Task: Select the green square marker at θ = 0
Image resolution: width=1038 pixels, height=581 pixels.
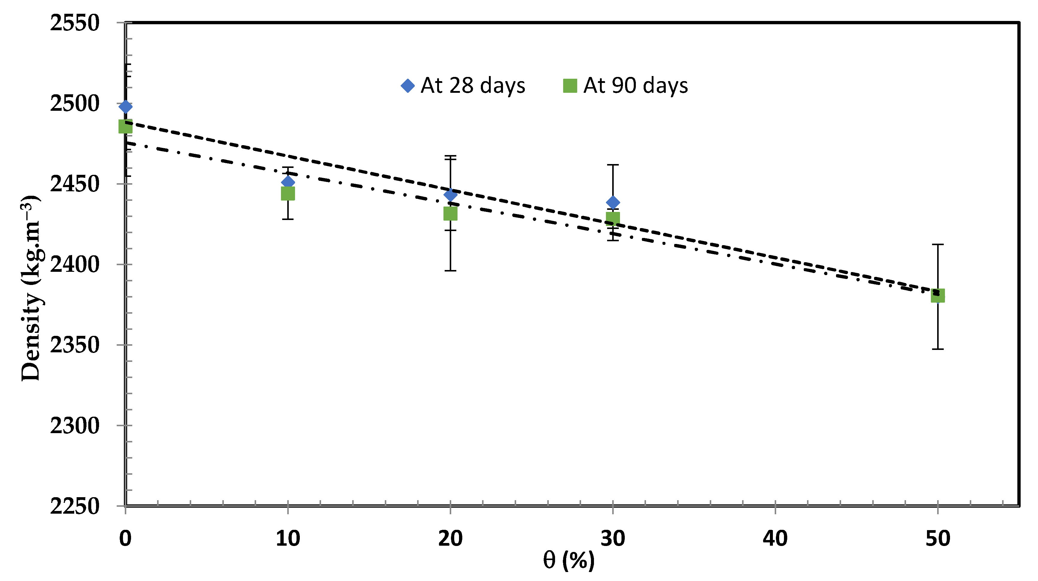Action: [126, 127]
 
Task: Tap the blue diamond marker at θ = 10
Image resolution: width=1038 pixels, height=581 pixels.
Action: [288, 182]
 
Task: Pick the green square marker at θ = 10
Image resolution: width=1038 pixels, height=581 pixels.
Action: [288, 194]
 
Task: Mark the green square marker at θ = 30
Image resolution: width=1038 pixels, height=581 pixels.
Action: [613, 218]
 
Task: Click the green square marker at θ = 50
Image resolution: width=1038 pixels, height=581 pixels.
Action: [938, 296]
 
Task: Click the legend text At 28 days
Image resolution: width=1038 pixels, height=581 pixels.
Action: [473, 86]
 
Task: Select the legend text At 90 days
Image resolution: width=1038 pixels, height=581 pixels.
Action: [636, 86]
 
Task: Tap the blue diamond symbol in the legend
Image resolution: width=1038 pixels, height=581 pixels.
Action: [408, 86]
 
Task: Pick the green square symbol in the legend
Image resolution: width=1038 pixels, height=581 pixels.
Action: [570, 86]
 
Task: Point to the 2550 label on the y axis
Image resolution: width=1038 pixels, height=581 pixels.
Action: [75, 23]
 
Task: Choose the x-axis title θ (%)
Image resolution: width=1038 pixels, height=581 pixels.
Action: [568, 560]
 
